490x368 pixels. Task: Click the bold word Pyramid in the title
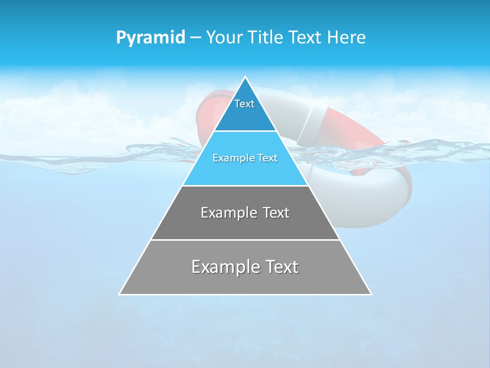150,37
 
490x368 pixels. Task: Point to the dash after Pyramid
195,38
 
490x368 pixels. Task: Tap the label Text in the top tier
244,104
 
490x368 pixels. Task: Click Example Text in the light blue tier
245,158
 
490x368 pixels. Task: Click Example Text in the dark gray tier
245,213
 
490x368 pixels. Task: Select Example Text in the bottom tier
245,267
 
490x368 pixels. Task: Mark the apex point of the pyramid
246,77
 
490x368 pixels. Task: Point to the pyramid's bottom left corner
120,294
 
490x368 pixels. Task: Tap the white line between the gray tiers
245,240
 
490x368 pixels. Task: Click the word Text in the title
306,37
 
